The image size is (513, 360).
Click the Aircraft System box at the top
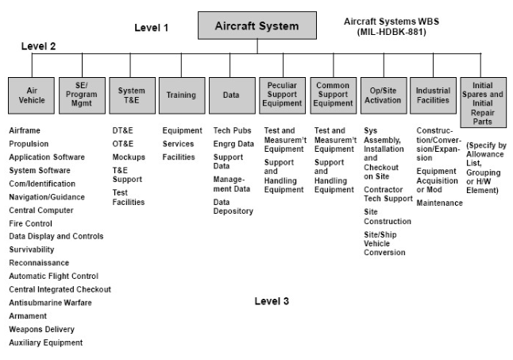click(x=256, y=27)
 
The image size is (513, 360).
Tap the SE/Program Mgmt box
click(x=81, y=95)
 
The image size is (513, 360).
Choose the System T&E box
click(x=131, y=95)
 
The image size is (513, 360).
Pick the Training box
click(x=180, y=95)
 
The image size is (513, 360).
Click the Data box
click(x=230, y=95)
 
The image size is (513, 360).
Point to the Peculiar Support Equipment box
click(x=281, y=94)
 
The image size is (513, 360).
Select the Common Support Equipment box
click(x=332, y=94)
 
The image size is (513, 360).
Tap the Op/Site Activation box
click(x=383, y=95)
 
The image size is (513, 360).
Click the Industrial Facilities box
click(x=433, y=95)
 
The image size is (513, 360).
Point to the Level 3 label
click(x=272, y=301)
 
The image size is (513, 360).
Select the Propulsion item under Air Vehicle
click(x=29, y=144)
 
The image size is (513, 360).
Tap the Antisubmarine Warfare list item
click(x=50, y=302)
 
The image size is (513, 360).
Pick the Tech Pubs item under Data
click(x=231, y=130)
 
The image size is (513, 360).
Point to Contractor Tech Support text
click(x=388, y=195)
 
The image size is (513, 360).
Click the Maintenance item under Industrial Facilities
click(x=439, y=203)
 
